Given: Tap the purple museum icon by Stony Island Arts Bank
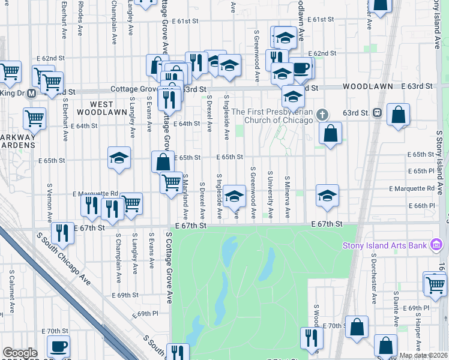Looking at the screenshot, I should [x=436, y=245].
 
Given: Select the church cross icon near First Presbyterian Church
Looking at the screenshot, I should [x=322, y=114].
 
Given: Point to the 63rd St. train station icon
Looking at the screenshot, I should [x=378, y=112].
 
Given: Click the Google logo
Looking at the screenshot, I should [x=20, y=353].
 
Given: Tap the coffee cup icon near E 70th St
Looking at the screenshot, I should [x=59, y=346].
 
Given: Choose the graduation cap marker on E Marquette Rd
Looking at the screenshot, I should [x=327, y=195].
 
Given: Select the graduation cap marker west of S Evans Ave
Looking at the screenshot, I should [x=119, y=158].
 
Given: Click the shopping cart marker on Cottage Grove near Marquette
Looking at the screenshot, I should [x=172, y=181].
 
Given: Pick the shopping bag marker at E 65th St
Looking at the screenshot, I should [x=163, y=161].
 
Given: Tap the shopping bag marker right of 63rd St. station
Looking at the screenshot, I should [x=398, y=114].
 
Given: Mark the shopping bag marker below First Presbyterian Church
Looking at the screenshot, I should [x=330, y=133].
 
